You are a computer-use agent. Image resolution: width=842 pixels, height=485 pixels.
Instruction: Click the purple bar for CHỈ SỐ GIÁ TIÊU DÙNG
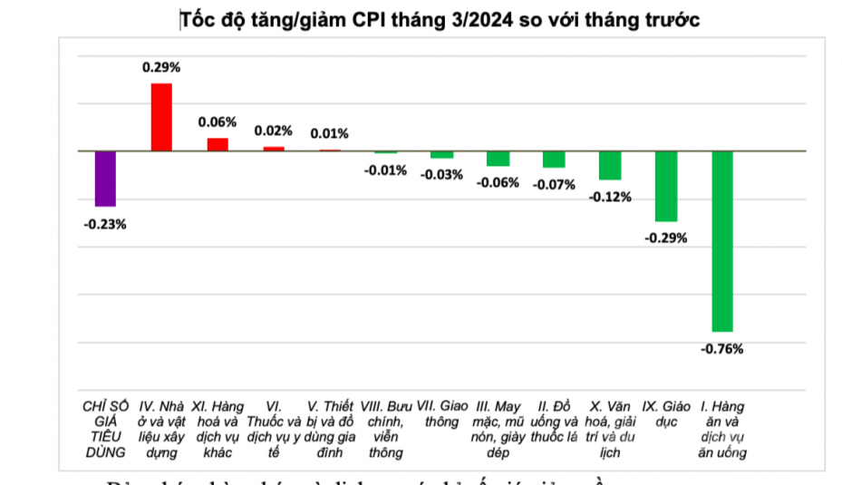pyautogui.click(x=105, y=179)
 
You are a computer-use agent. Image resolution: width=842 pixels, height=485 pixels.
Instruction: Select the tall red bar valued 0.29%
pyautogui.click(x=161, y=117)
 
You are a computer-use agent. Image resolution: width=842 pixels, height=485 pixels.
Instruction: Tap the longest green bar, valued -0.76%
pyautogui.click(x=722, y=241)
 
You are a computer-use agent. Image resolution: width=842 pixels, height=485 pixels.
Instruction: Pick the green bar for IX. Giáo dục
pyautogui.click(x=666, y=186)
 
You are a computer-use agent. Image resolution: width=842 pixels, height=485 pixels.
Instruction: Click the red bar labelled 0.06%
pyautogui.click(x=218, y=144)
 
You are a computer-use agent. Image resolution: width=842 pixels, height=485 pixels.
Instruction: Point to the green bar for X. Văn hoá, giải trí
pyautogui.click(x=610, y=165)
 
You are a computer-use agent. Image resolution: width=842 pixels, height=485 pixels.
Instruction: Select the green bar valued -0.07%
pyautogui.click(x=554, y=160)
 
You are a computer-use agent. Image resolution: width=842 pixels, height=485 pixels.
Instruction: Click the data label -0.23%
pyautogui.click(x=105, y=224)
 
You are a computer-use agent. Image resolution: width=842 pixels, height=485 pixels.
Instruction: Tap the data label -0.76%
pyautogui.click(x=721, y=349)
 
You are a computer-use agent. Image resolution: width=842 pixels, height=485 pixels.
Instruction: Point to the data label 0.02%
pyautogui.click(x=274, y=131)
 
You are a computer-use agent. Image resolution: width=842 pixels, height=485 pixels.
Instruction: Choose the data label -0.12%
pyautogui.click(x=610, y=197)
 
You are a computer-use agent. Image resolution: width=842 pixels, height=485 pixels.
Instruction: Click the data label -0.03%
pyautogui.click(x=441, y=174)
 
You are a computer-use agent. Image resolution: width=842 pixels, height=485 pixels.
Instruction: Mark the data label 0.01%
pyautogui.click(x=330, y=133)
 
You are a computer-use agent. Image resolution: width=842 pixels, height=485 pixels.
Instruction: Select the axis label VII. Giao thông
pyautogui.click(x=441, y=413)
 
